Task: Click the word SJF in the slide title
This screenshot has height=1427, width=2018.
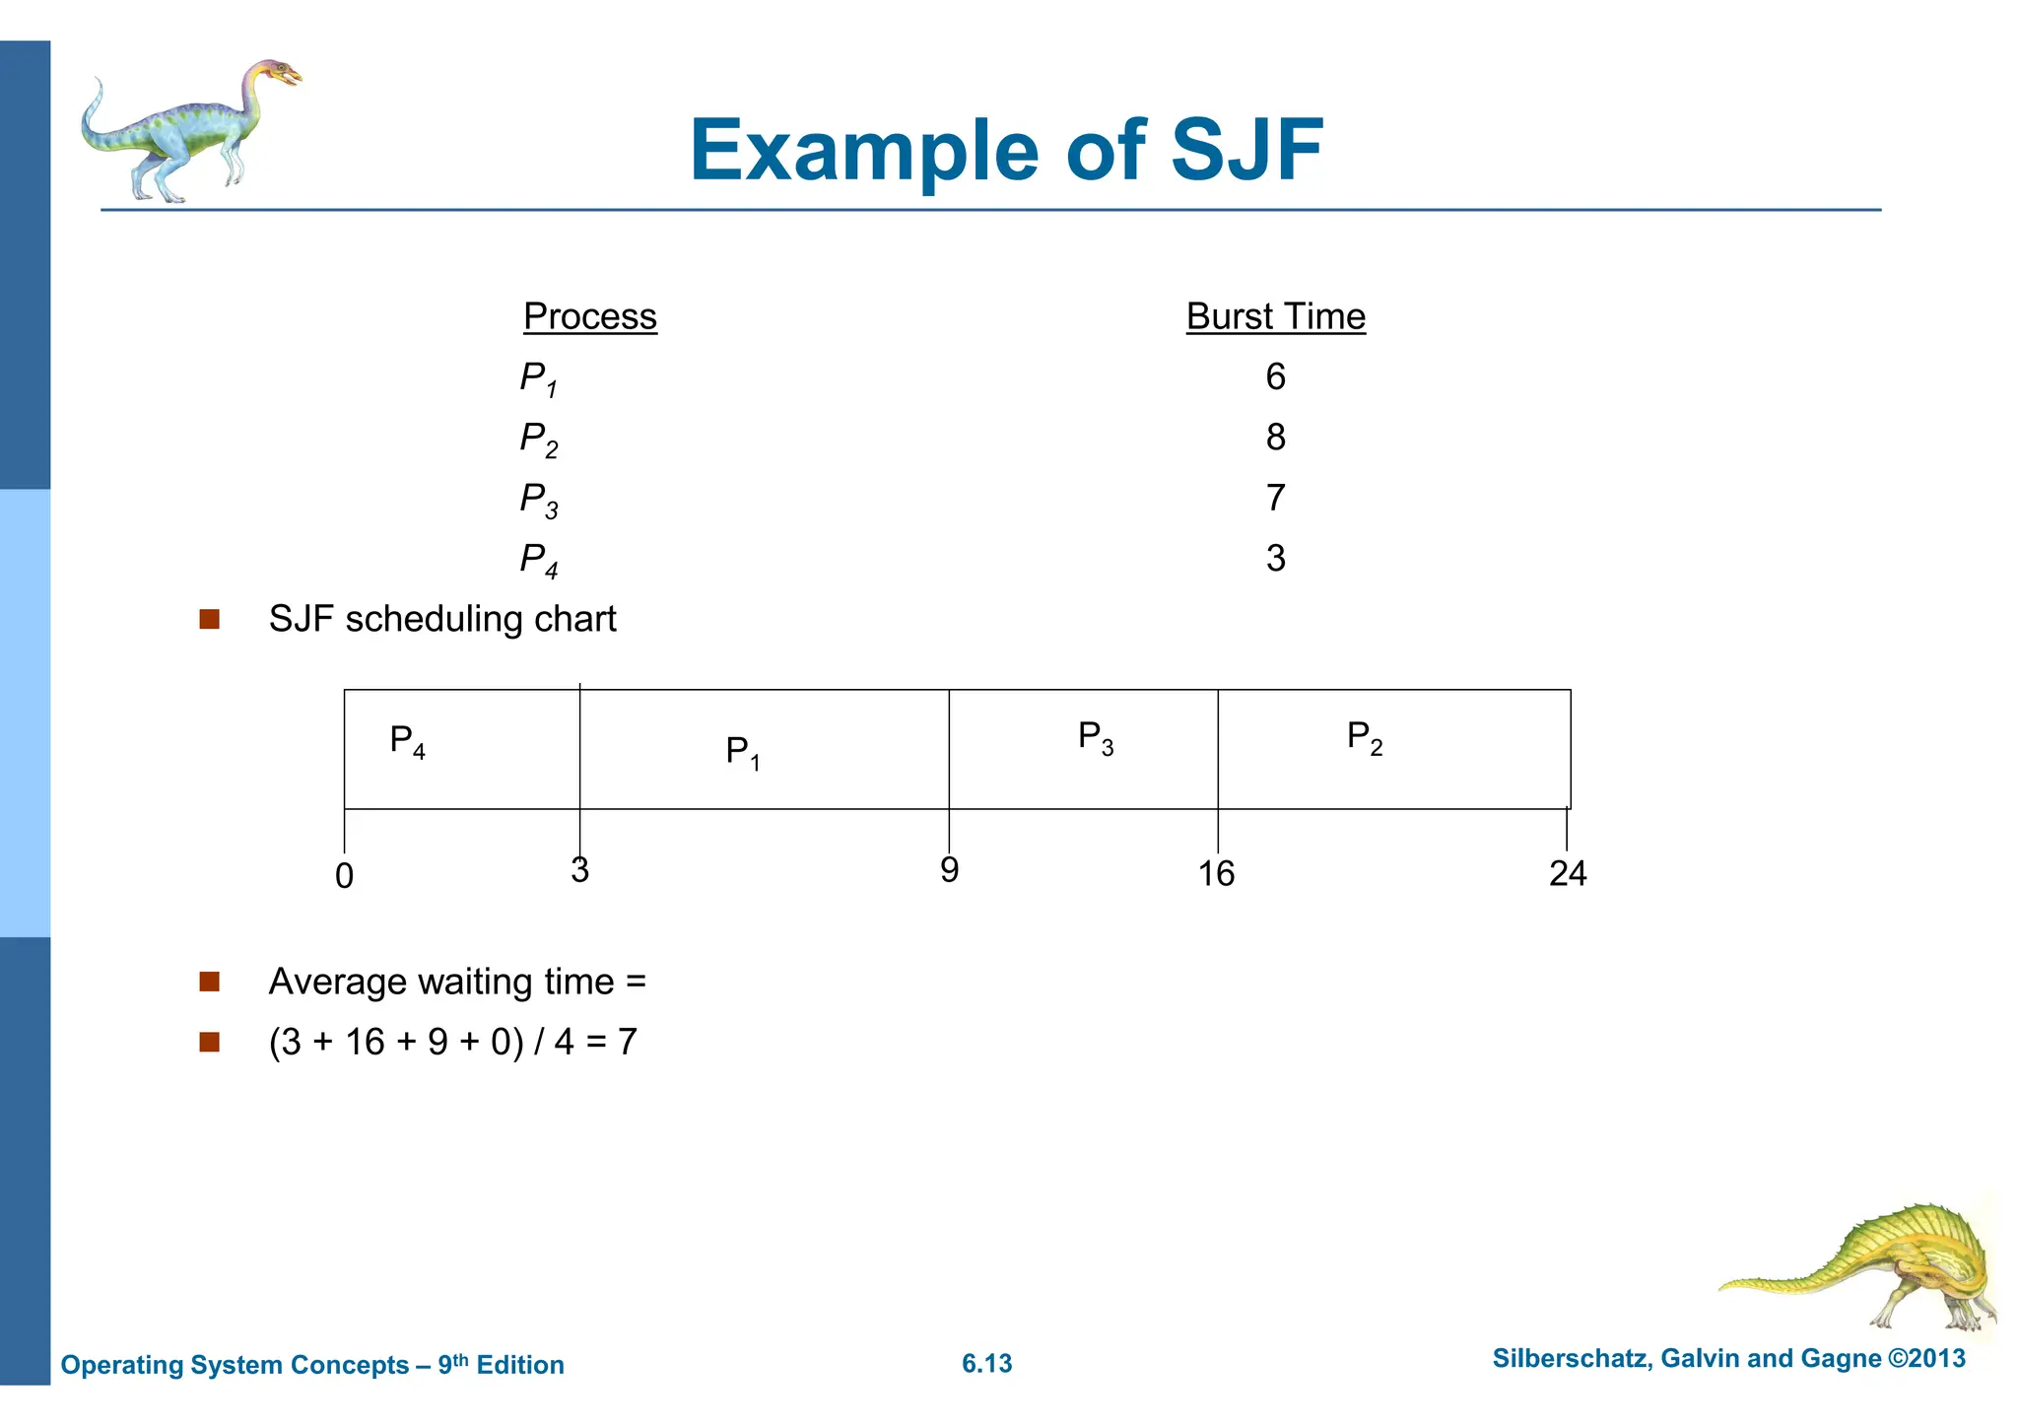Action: [1246, 151]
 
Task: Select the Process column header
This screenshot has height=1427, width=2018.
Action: [589, 316]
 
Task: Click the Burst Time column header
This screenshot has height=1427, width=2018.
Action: [1275, 316]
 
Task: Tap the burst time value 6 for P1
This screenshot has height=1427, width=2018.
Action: [1275, 376]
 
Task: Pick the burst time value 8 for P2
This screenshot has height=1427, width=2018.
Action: [1275, 437]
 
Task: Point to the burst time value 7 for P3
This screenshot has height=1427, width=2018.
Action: [1275, 498]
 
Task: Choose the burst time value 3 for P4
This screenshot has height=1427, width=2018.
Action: [1275, 558]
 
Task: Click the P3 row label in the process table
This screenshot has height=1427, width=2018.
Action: [538, 500]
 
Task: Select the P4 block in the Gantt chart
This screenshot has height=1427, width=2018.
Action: [461, 749]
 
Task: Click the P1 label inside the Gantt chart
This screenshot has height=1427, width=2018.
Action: [743, 752]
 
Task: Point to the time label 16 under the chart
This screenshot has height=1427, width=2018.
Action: [1216, 873]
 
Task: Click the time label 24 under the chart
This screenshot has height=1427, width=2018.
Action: [1567, 873]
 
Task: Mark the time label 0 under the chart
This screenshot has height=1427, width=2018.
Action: [344, 876]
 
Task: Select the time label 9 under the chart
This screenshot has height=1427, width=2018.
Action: [949, 870]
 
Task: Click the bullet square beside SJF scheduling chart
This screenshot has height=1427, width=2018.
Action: [209, 619]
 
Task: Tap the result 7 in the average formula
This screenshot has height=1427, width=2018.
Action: [628, 1042]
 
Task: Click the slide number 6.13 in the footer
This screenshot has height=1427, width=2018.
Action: [986, 1364]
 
